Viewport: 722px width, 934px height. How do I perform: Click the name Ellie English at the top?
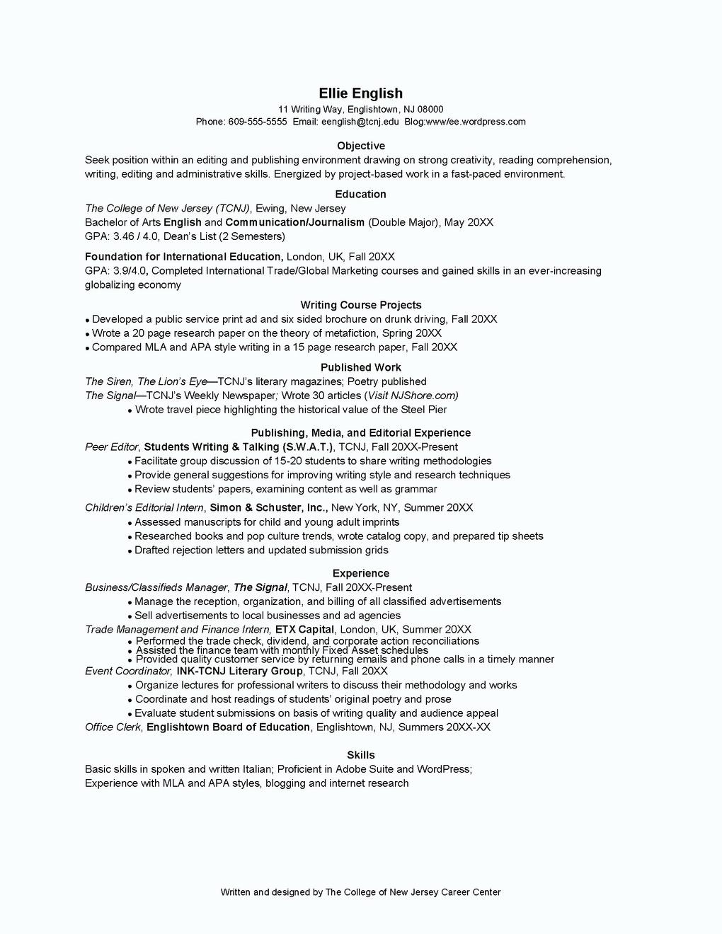360,93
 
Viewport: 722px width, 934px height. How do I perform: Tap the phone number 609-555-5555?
257,122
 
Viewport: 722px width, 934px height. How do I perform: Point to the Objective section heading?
360,146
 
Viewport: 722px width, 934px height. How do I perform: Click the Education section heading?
360,194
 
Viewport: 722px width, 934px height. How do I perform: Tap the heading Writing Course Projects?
360,305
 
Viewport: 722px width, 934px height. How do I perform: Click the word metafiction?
348,333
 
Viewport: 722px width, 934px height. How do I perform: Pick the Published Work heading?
360,367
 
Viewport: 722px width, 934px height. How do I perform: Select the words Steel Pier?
423,410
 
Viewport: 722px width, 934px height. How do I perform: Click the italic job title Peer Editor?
112,447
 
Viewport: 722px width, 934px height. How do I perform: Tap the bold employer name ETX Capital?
304,629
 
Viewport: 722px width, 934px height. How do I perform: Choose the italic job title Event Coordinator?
128,671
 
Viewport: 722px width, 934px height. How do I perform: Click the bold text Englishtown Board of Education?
228,727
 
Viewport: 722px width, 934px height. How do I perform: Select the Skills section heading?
360,755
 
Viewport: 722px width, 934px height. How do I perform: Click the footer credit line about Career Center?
360,892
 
